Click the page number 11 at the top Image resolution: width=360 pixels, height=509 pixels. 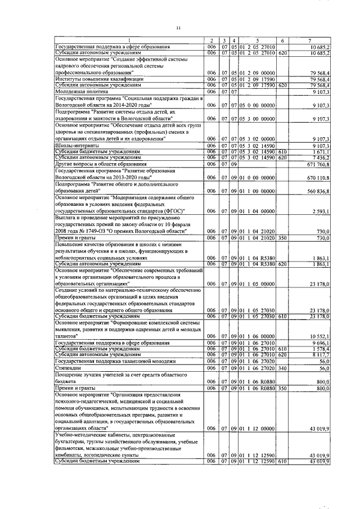(x=178, y=28)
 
